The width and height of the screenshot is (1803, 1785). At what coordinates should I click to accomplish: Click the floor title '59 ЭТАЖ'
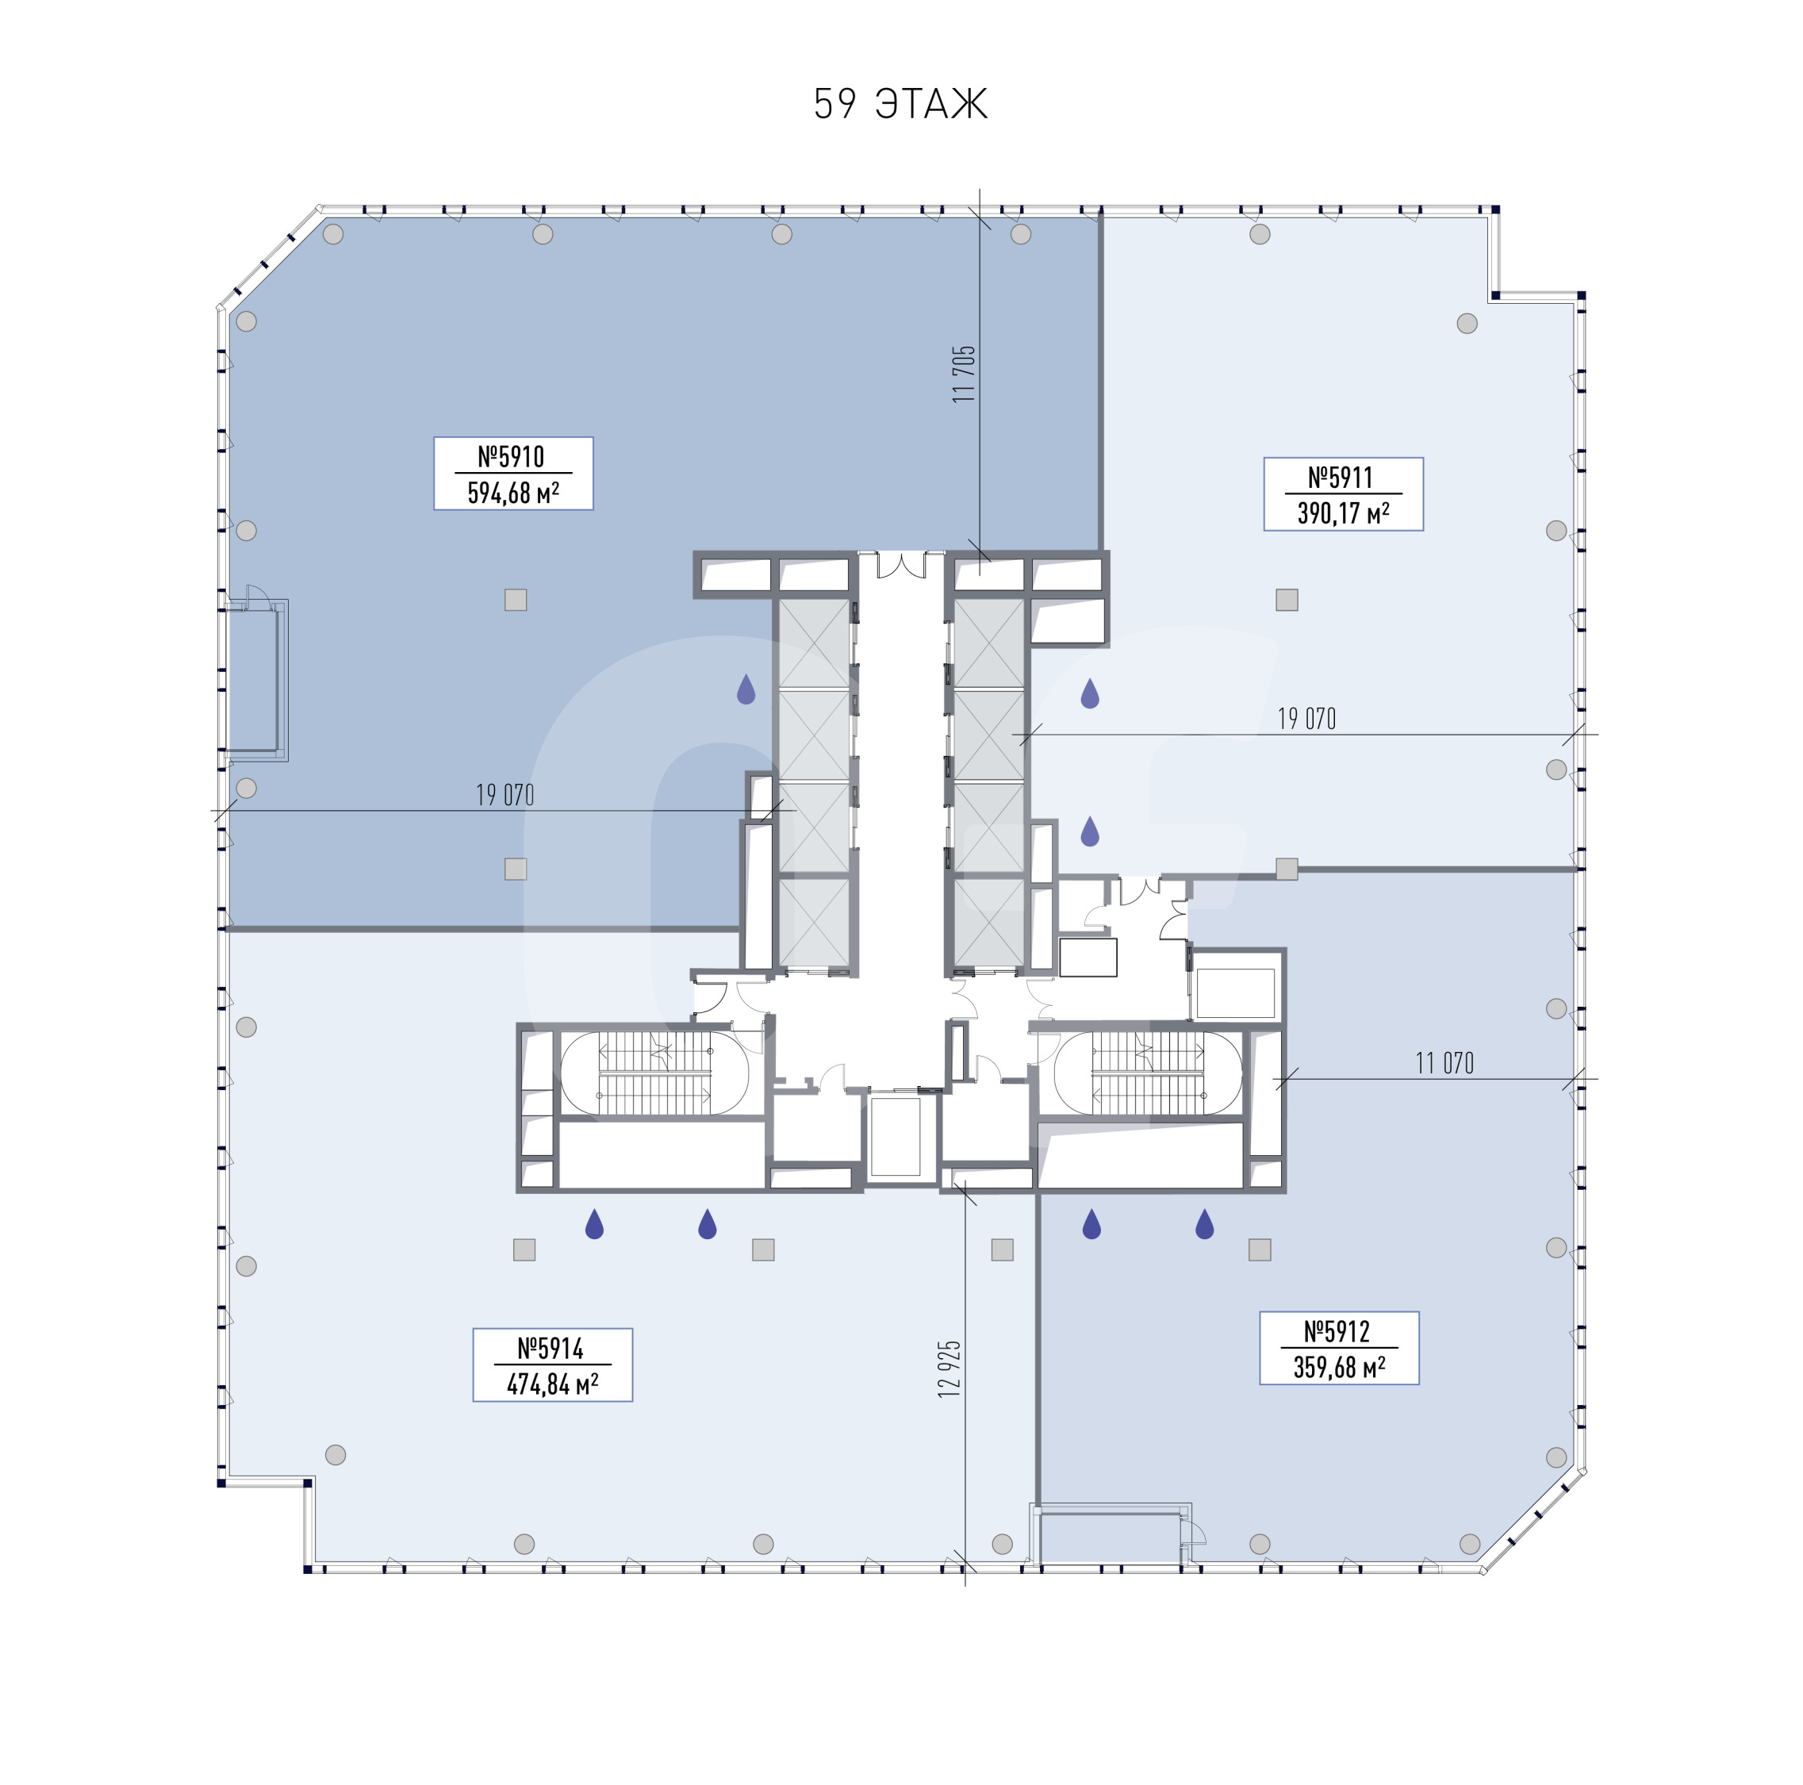point(900,104)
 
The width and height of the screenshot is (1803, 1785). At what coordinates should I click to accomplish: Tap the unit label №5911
point(1341,478)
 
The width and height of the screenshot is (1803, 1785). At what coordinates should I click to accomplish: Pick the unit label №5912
point(1337,1331)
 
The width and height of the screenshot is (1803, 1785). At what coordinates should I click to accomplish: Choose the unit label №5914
point(550,1349)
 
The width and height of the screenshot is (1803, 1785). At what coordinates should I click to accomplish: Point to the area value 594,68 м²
point(513,492)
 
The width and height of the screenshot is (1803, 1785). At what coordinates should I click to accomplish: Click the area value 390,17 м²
point(1343,512)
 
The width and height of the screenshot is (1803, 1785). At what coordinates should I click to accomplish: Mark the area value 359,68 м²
point(1339,1367)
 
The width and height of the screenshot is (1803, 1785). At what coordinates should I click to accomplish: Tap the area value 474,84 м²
point(552,1384)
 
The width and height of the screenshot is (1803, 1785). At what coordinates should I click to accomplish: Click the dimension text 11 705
point(963,374)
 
